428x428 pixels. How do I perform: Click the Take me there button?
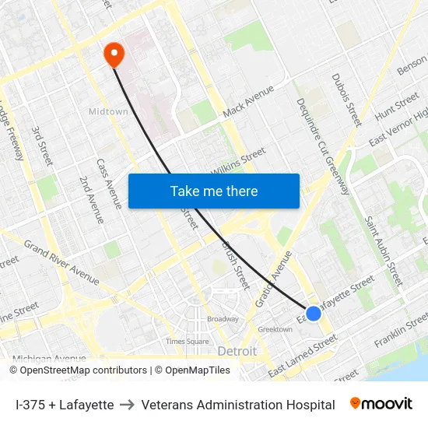214,191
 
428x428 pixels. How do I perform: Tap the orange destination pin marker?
114,54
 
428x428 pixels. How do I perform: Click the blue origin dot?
313,313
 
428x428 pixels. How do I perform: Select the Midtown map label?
107,112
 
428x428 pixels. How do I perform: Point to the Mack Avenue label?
248,102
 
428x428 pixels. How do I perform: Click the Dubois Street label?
346,99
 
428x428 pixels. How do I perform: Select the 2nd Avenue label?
91,199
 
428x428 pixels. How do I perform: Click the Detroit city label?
237,352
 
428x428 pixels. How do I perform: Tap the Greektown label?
275,330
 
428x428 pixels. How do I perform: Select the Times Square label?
187,342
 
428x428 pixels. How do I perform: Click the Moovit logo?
381,404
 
